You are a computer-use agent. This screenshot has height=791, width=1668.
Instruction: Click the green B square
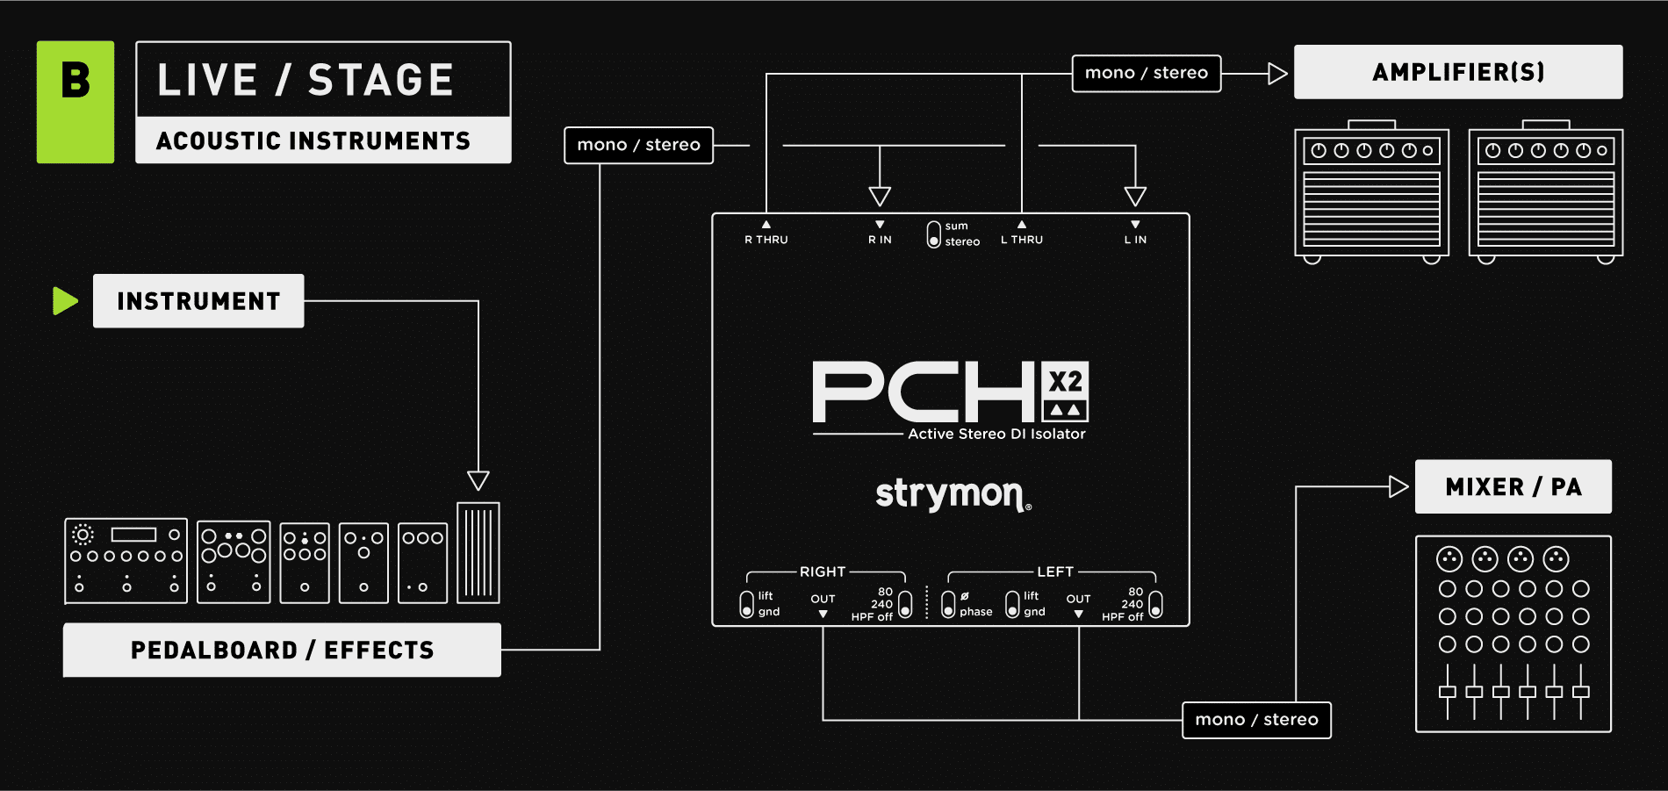(75, 102)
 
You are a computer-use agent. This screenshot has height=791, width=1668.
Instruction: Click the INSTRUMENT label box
(198, 301)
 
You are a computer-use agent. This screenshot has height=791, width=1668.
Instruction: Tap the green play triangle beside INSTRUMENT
(65, 300)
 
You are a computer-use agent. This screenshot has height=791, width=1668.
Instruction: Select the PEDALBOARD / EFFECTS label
(282, 650)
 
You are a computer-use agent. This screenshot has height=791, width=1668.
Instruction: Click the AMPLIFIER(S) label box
(1457, 72)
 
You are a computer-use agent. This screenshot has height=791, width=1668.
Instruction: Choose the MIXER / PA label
(1513, 486)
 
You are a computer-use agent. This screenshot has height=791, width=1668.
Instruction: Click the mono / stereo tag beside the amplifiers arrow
(1146, 73)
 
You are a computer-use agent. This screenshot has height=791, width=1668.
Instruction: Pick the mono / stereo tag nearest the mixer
(1255, 720)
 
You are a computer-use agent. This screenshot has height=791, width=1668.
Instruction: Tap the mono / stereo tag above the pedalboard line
(638, 145)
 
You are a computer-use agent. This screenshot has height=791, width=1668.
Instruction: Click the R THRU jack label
(766, 239)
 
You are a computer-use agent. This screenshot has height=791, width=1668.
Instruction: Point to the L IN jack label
(1135, 239)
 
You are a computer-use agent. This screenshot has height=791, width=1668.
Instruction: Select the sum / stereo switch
(934, 234)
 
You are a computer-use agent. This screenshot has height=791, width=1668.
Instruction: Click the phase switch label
(974, 612)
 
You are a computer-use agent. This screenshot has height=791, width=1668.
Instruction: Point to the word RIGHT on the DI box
(823, 572)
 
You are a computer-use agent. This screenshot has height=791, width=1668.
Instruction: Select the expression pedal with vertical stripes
(478, 552)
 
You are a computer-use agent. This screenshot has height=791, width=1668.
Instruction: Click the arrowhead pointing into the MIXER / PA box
(1398, 486)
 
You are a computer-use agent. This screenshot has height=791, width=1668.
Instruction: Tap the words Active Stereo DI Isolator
(996, 434)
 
